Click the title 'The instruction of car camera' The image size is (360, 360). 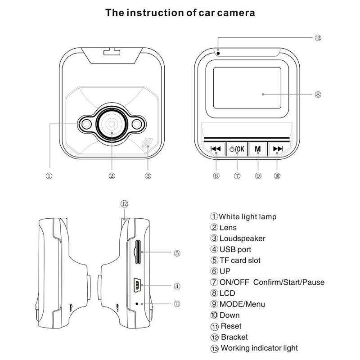point(180,12)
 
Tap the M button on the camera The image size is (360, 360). point(258,149)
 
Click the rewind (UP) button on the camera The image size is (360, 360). point(216,149)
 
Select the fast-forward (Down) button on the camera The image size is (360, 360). point(279,149)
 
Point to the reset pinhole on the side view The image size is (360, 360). point(137,304)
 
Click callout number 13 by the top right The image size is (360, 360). point(318,38)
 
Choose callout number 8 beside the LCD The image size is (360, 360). point(318,94)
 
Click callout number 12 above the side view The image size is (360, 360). point(125,204)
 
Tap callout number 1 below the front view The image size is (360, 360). point(49,176)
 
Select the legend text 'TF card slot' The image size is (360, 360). point(240,260)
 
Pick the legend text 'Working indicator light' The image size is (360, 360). point(259,348)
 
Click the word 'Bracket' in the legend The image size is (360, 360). point(234,337)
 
